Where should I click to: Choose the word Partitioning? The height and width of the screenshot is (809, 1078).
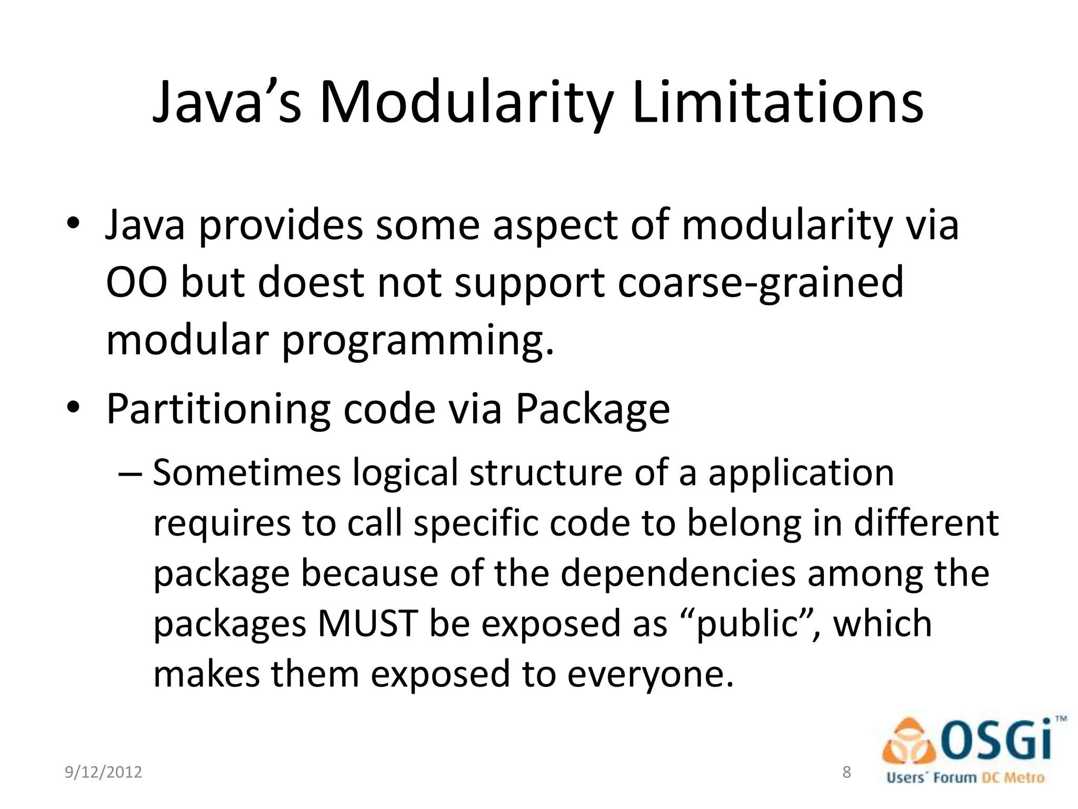pos(218,410)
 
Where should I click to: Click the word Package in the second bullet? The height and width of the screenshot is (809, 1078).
pos(592,410)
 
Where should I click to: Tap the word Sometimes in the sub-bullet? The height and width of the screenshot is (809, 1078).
pos(247,472)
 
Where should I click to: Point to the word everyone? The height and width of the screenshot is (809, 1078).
pos(650,675)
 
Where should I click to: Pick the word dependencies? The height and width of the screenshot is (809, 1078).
pos(678,574)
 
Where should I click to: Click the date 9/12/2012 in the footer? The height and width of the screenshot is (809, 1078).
pos(103,772)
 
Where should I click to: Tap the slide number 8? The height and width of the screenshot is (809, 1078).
pos(846,772)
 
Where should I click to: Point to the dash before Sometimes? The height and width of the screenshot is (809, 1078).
pos(130,472)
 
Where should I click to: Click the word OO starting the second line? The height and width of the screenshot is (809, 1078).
pos(137,283)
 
